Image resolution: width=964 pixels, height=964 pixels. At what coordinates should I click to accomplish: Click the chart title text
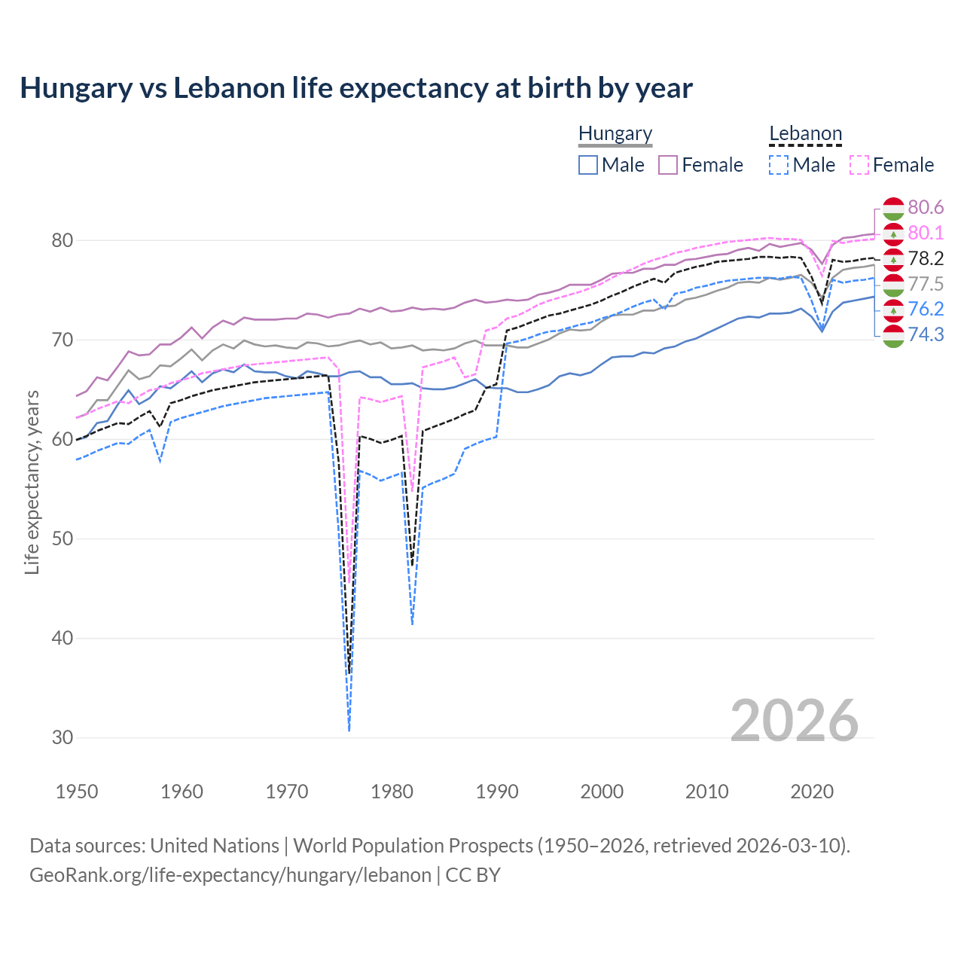355,88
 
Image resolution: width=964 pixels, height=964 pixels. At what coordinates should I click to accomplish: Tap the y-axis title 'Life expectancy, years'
32,482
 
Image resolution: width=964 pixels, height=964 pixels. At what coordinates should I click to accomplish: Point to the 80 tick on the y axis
63,241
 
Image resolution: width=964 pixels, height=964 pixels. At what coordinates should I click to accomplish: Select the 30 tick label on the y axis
63,737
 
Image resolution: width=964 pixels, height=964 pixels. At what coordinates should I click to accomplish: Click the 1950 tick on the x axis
77,792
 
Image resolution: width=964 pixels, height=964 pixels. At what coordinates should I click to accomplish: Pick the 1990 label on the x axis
497,792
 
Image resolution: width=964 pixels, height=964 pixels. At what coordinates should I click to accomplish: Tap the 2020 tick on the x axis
812,792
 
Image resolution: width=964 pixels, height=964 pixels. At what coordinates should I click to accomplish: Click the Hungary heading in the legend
615,134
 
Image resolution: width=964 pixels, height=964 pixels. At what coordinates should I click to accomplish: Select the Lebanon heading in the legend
805,134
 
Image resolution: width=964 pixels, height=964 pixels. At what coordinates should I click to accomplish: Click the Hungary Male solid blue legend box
588,165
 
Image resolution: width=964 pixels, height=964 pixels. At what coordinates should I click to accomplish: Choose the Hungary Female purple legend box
668,165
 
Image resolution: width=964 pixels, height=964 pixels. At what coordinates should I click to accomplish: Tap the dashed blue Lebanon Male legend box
779,165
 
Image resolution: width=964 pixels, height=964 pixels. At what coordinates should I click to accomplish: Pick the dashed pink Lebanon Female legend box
859,165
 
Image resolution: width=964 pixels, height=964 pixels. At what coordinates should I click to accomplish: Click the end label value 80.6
926,207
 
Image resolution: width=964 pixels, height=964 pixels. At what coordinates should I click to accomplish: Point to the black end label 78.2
926,258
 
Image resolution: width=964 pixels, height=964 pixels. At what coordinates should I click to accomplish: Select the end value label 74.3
926,334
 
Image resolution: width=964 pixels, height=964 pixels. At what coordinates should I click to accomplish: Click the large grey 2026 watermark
795,721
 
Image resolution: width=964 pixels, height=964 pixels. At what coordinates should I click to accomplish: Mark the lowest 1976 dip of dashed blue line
349,730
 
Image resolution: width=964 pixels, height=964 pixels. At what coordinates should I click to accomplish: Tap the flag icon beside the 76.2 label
893,310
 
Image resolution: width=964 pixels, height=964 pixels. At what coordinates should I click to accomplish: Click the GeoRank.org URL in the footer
230,875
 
